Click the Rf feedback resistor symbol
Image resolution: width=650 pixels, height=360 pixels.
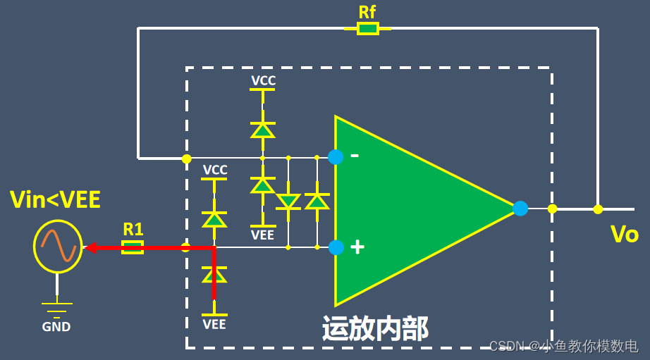[x=367, y=28]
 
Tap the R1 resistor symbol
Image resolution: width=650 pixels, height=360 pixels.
[x=133, y=247]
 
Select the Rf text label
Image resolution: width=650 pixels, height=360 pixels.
[x=367, y=11]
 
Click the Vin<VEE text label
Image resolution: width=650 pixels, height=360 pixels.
[x=55, y=200]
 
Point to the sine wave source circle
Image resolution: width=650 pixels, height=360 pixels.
[x=58, y=247]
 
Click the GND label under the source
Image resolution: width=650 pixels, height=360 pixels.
[x=56, y=328]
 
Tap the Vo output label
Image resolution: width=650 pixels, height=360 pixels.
[x=624, y=234]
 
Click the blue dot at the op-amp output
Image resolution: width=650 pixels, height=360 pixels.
[x=520, y=209]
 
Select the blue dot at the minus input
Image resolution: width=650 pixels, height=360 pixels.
[x=336, y=157]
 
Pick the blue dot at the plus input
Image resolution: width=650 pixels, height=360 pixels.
[x=336, y=247]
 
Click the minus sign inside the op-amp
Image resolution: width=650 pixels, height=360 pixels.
[x=355, y=155]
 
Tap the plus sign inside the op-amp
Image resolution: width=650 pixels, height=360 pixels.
[x=357, y=247]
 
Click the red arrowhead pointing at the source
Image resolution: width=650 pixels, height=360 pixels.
[x=90, y=247]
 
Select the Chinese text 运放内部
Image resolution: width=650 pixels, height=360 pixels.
[x=375, y=328]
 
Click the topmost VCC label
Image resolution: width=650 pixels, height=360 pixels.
[x=263, y=81]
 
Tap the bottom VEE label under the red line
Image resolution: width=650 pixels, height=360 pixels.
[x=214, y=325]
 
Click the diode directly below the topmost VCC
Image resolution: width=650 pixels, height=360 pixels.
[x=263, y=130]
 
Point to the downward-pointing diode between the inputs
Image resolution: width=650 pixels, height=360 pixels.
[x=288, y=202]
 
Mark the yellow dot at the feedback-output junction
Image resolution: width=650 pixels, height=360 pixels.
[x=598, y=209]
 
